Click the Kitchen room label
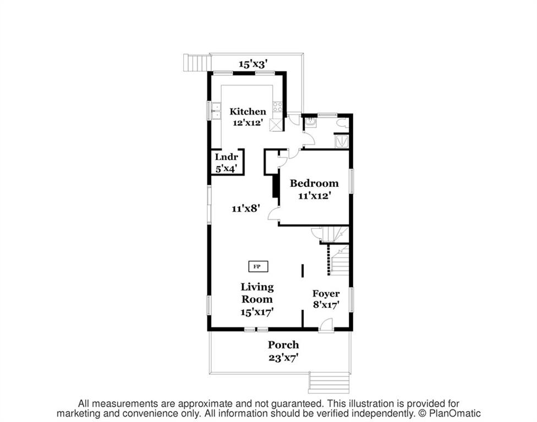tap(248, 112)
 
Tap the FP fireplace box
tap(258, 266)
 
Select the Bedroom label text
tap(314, 184)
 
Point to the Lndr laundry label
tap(226, 157)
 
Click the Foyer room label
tap(326, 294)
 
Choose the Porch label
tap(283, 345)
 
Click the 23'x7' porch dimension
tap(283, 358)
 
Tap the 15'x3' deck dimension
tap(253, 64)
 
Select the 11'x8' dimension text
tap(246, 208)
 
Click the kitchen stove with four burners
tap(277, 107)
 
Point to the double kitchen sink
tap(216, 111)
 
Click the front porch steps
tap(329, 382)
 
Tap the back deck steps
tap(196, 63)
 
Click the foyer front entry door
tap(326, 325)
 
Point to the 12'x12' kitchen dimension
tap(248, 123)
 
